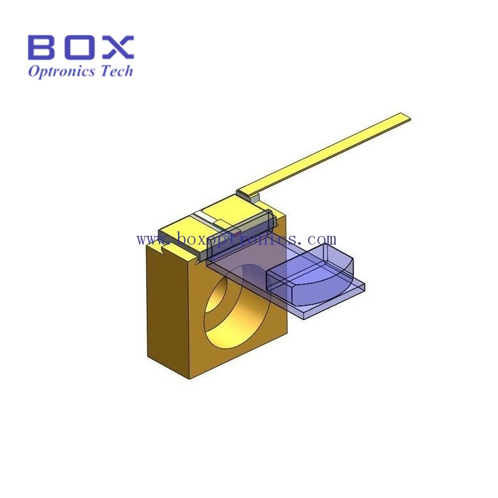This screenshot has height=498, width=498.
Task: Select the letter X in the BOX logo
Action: pyautogui.click(x=117, y=47)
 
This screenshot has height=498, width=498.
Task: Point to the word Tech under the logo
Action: pyautogui.click(x=116, y=70)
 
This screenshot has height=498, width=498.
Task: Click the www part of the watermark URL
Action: pyautogui.click(x=154, y=240)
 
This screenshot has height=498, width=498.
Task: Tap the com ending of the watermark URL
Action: pyautogui.click(x=321, y=239)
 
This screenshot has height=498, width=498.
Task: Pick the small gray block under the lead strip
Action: pyautogui.click(x=255, y=199)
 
